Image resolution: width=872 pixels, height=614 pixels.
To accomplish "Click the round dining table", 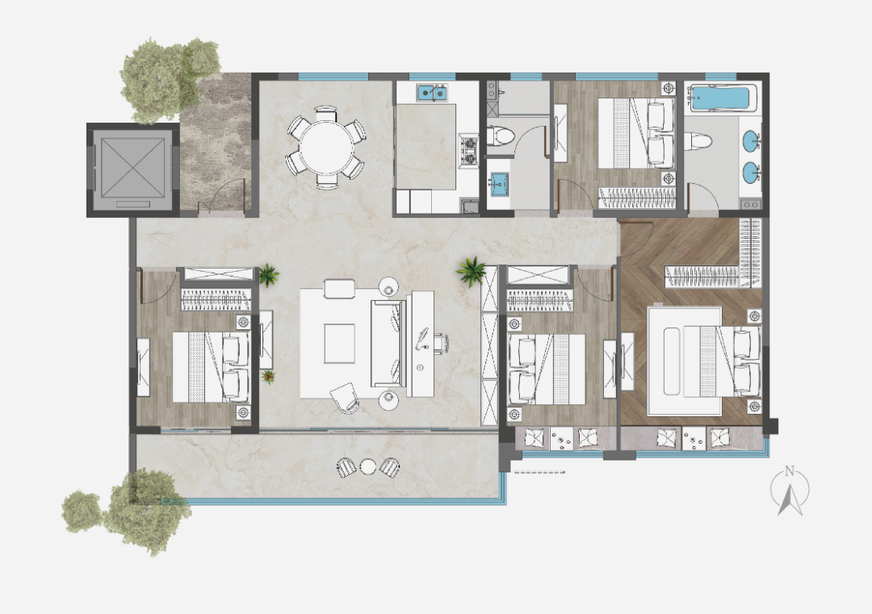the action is click(326, 148).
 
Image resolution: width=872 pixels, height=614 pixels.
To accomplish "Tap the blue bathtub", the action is click(721, 98).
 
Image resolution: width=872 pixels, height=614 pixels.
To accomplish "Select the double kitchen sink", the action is click(433, 93).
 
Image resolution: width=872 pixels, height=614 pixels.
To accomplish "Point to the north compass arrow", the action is click(790, 495).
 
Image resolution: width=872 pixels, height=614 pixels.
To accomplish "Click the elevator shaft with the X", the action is click(133, 169).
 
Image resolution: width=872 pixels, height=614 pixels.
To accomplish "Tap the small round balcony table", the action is click(368, 466).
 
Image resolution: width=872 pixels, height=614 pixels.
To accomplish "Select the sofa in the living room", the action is click(388, 344).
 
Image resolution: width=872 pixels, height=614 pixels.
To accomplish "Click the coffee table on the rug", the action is click(340, 344).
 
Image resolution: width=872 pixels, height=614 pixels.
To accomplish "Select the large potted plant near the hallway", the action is click(471, 270).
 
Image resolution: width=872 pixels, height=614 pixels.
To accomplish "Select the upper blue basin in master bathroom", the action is click(751, 140).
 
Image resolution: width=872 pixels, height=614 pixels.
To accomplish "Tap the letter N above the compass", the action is click(790, 472).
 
